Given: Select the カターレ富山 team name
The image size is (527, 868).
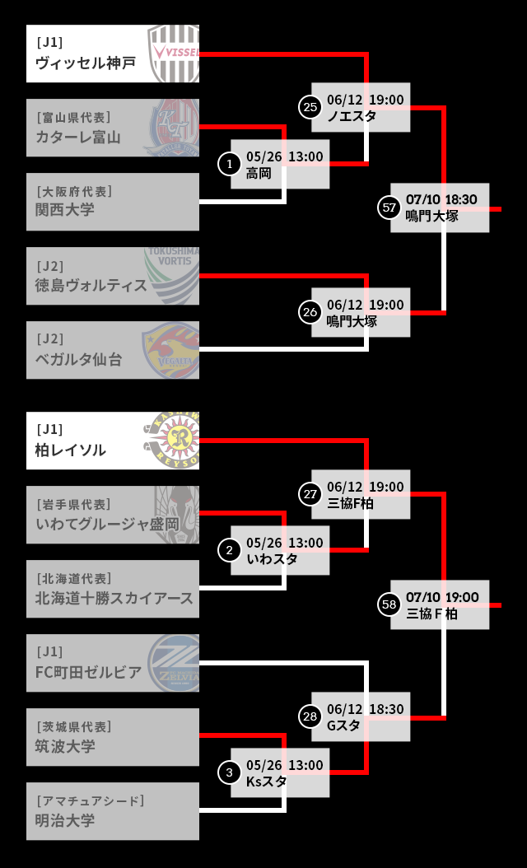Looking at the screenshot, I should [78, 137].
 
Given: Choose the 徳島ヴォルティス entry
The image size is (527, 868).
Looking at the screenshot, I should [91, 285].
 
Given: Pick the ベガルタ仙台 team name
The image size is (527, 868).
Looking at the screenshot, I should [78, 359].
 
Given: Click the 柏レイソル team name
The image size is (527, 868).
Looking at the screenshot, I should [71, 450].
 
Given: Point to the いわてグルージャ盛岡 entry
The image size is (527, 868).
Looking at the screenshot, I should [107, 524].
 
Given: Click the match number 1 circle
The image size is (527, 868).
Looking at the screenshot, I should [228, 164].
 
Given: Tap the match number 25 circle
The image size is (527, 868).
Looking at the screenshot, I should [310, 106].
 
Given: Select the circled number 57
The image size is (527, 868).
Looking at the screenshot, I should [389, 208].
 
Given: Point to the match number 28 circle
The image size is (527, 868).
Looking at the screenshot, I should [310, 716].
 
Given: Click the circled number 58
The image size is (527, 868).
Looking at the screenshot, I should [389, 604].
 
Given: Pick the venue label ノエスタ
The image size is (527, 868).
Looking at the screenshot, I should [352, 116].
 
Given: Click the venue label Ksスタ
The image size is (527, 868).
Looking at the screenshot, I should [266, 782].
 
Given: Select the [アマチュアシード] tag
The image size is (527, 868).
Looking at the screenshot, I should [90, 800].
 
